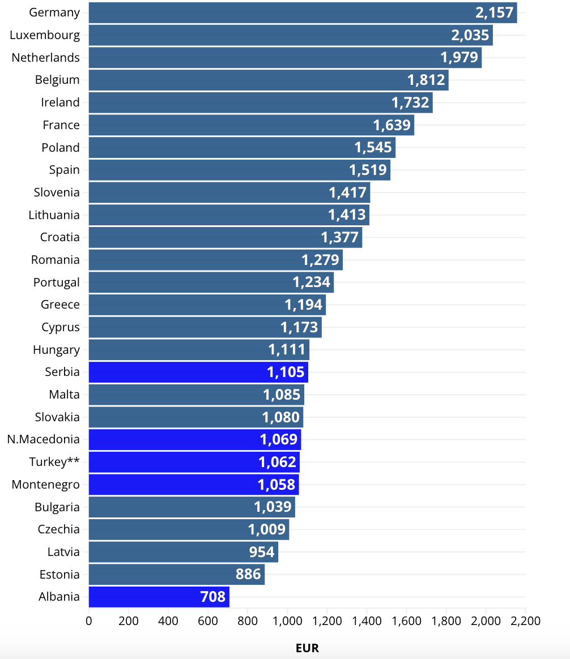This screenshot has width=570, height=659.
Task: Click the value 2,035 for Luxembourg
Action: point(470,36)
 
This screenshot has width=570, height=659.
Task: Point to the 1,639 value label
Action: point(392,125)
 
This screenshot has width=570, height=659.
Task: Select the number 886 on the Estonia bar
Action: point(248,574)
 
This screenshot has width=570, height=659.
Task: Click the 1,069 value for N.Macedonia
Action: point(278,439)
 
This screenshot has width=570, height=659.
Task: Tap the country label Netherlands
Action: point(45,58)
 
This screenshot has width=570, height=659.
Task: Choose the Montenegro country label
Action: point(45,485)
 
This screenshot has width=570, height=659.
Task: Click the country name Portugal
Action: point(56,283)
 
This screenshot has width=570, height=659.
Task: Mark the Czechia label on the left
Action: point(58,529)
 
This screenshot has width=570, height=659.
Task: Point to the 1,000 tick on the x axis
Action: point(287,621)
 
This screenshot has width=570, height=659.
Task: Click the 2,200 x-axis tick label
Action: point(526,621)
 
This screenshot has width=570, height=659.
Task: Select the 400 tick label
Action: point(168,621)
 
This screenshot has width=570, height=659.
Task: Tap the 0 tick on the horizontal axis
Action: point(89,621)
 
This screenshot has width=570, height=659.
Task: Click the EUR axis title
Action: point(307,648)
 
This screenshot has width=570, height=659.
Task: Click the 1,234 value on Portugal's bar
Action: point(311,283)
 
